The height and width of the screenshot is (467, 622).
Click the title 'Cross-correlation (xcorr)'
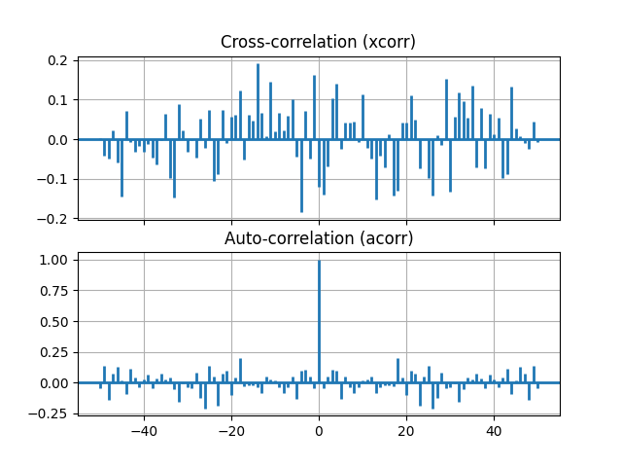click(x=319, y=42)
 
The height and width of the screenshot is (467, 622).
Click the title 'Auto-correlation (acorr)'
click(x=319, y=238)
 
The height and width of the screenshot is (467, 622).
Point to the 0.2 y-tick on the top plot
click(x=58, y=60)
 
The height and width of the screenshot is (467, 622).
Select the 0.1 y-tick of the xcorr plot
click(x=58, y=100)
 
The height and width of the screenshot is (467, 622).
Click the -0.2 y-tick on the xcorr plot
click(x=54, y=218)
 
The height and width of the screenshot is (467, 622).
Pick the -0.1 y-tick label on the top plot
click(x=54, y=179)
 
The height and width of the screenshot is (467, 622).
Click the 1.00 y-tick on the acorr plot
click(x=54, y=260)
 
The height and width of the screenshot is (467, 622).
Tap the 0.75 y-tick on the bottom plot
click(x=54, y=291)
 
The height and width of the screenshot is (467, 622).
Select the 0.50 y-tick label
click(x=54, y=321)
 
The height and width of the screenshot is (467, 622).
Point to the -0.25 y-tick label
click(x=51, y=413)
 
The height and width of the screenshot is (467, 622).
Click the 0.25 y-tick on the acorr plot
click(x=54, y=352)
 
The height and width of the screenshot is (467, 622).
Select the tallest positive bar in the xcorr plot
click(x=258, y=102)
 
